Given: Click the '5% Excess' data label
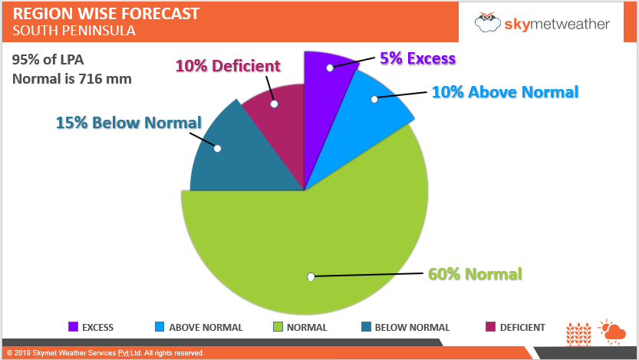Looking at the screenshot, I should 417,58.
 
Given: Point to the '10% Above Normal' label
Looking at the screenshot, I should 505,92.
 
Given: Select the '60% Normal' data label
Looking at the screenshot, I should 476,274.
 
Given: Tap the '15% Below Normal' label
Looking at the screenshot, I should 129,122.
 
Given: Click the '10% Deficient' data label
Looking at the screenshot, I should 228,66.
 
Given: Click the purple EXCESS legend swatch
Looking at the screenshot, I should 74,327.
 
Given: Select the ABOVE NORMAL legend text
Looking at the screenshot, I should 206,328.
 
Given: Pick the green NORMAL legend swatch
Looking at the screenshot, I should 278,327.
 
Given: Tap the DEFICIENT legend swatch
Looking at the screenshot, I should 491,327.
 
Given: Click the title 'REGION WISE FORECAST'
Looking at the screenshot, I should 106,14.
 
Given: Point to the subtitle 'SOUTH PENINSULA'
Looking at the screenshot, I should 74,31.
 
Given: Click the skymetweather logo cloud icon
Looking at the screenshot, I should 488,22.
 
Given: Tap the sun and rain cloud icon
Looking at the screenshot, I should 612,331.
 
